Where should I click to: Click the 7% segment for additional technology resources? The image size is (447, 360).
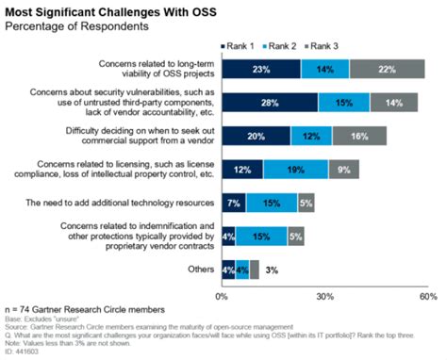point(234,202)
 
